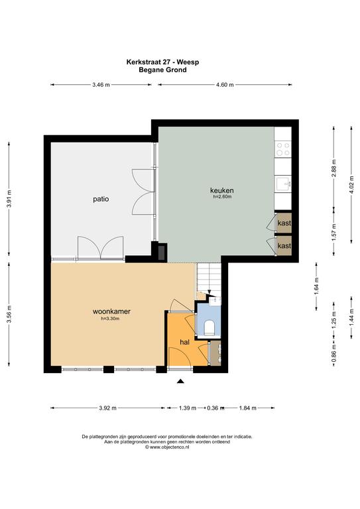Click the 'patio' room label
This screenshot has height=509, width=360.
[x=101, y=199]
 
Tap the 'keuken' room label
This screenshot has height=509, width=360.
[x=221, y=191]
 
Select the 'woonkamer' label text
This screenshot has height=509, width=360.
[x=111, y=311]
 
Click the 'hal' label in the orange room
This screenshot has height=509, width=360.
[x=184, y=342]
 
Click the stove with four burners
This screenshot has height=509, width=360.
[x=282, y=150]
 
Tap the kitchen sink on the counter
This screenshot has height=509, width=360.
[x=282, y=184]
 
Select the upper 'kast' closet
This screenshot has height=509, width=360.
[x=284, y=223]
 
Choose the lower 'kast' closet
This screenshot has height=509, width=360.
[x=284, y=246]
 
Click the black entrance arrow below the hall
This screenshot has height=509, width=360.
[x=180, y=381]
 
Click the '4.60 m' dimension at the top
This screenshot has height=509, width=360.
[x=225, y=85]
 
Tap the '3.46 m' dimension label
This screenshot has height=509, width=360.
[x=101, y=85]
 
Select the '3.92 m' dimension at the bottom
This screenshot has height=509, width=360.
[x=108, y=408]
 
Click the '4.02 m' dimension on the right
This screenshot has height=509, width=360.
[x=351, y=184]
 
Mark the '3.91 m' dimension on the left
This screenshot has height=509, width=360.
[x=9, y=199]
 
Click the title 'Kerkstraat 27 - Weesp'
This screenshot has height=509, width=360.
[x=162, y=62]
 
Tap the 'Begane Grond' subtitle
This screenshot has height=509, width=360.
[x=162, y=70]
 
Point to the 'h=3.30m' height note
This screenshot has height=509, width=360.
[x=110, y=319]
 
